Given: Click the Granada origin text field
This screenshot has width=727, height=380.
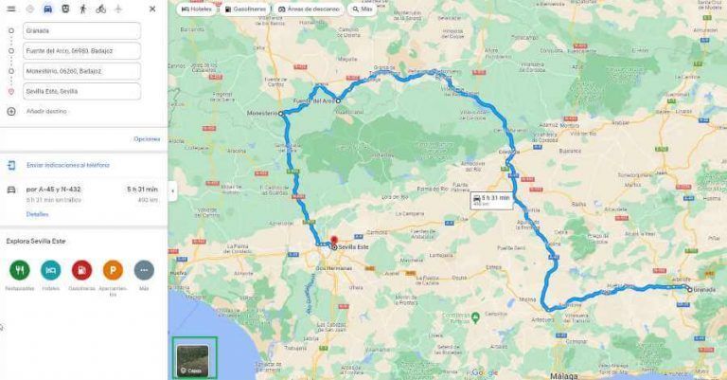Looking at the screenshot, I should [x=80, y=30].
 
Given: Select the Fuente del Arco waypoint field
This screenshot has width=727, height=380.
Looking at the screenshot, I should [x=80, y=51].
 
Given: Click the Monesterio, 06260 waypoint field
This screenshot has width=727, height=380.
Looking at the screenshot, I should [x=80, y=71].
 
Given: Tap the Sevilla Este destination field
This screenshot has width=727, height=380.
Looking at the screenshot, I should [x=80, y=92].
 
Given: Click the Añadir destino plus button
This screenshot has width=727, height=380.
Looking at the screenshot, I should [x=10, y=111].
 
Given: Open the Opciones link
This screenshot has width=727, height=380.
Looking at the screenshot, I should [x=147, y=139].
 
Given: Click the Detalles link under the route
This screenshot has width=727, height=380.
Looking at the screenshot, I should [x=37, y=214].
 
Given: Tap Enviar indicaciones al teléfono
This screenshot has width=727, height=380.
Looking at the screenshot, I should [x=67, y=165].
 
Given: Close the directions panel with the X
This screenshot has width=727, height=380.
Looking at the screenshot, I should [x=152, y=9].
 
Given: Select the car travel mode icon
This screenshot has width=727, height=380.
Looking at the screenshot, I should [x=46, y=9].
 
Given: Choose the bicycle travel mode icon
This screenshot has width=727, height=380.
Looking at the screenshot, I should [x=100, y=9].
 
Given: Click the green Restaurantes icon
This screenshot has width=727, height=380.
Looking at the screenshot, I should [x=19, y=269].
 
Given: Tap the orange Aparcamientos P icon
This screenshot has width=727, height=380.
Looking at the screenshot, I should [x=113, y=269].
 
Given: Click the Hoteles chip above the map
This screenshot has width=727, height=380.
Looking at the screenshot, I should [x=197, y=9].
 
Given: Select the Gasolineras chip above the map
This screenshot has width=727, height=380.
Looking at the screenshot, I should [x=246, y=9].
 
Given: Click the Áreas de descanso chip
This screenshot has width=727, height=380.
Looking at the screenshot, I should [x=309, y=9].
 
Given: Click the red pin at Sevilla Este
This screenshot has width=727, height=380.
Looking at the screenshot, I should [x=333, y=240].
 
